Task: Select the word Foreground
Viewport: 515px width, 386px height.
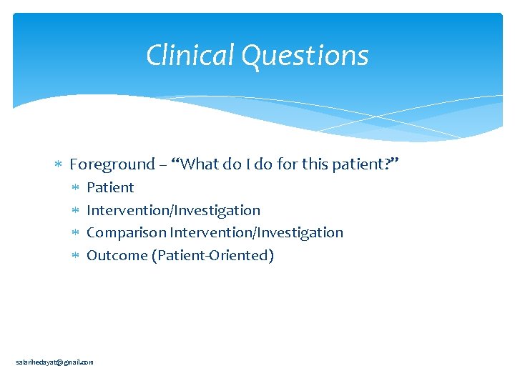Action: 112,164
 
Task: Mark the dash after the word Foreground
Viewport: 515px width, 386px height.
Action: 164,165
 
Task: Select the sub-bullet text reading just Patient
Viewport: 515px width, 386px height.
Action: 110,187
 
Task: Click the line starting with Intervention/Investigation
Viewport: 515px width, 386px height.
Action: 173,210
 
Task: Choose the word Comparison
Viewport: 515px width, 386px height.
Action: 126,232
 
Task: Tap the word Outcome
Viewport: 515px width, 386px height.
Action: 117,255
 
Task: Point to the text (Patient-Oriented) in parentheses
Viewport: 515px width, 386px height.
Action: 212,255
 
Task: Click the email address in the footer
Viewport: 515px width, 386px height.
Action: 54,362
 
